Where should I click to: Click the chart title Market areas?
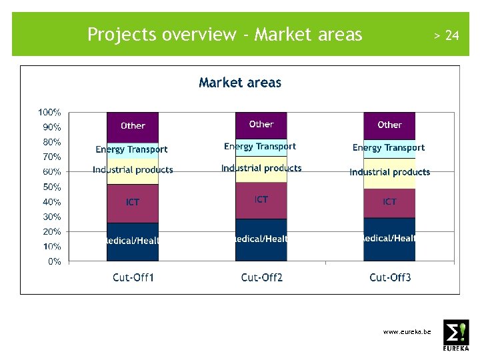tap(240, 83)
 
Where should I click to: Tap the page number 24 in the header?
tap(451, 35)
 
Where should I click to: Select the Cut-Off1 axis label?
tap(133, 277)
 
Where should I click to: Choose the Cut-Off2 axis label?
tap(261, 277)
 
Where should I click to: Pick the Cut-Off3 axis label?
tap(390, 277)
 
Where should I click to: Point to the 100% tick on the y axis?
tap(49, 112)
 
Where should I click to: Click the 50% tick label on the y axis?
tap(51, 187)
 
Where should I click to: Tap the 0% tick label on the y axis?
tap(54, 261)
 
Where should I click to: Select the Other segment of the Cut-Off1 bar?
tap(133, 125)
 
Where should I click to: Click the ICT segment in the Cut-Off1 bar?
tap(133, 202)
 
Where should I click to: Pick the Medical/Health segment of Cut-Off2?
tap(261, 239)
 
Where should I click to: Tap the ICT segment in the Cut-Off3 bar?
tap(389, 201)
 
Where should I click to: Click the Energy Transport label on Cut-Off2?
tap(260, 146)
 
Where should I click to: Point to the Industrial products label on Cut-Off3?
tap(390, 172)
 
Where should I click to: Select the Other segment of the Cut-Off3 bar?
tap(389, 125)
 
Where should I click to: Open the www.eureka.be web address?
tap(407, 331)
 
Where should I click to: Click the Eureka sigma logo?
tap(456, 334)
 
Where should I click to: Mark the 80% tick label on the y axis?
tap(51, 142)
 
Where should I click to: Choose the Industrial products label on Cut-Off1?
tap(133, 170)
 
